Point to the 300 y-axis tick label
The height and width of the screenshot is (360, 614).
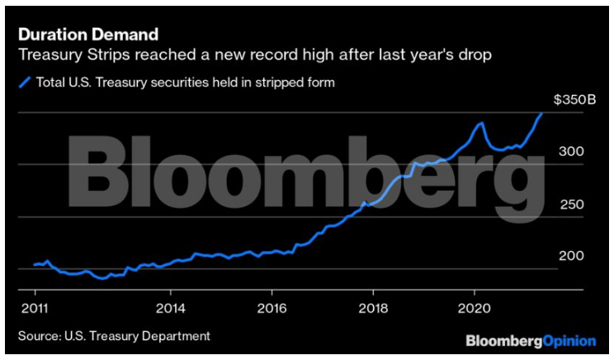pyautogui.click(x=571, y=152)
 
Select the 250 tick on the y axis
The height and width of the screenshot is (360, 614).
pyautogui.click(x=571, y=204)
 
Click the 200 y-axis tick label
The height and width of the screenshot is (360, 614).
pyautogui.click(x=571, y=256)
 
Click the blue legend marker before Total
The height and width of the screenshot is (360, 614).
pyautogui.click(x=26, y=82)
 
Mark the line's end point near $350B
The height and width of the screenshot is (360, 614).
pyautogui.click(x=541, y=113)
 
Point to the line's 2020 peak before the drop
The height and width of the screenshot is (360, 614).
pyautogui.click(x=480, y=123)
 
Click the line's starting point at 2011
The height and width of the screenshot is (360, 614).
pyautogui.click(x=35, y=264)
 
